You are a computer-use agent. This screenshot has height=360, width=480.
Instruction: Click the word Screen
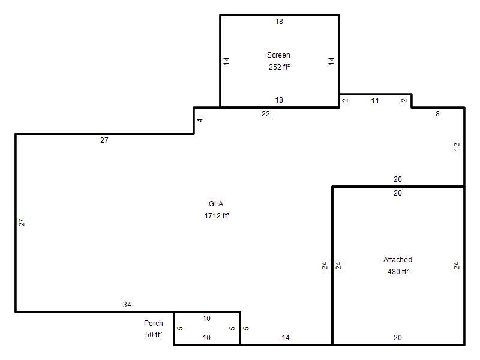(278, 55)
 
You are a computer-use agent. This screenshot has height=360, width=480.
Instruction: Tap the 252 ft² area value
(279, 67)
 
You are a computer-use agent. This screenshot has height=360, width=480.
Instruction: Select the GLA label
(216, 204)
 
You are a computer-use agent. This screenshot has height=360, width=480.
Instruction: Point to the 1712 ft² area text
(217, 216)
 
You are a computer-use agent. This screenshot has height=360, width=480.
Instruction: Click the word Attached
(398, 260)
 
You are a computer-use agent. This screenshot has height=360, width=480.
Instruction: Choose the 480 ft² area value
(398, 272)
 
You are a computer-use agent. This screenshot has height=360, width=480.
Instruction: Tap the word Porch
(154, 323)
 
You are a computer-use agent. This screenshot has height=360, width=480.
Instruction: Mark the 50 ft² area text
(154, 335)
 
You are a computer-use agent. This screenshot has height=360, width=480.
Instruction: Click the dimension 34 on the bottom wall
(127, 305)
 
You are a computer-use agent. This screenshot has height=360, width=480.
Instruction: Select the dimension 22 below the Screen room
(266, 114)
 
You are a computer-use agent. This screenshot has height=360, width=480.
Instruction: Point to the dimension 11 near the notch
(375, 101)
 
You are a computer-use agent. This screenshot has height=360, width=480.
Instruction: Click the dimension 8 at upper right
(437, 114)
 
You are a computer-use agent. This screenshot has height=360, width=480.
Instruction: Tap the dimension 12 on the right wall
(457, 146)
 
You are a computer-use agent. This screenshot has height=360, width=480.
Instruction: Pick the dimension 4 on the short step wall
(200, 121)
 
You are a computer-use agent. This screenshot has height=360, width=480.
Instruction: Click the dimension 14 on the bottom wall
(286, 338)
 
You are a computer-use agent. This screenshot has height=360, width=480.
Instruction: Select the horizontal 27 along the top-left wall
(104, 140)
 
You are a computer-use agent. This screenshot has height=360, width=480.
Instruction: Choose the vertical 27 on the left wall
(22, 223)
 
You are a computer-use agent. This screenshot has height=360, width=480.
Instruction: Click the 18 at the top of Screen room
(279, 22)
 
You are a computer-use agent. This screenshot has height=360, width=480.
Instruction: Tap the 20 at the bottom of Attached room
(398, 338)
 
